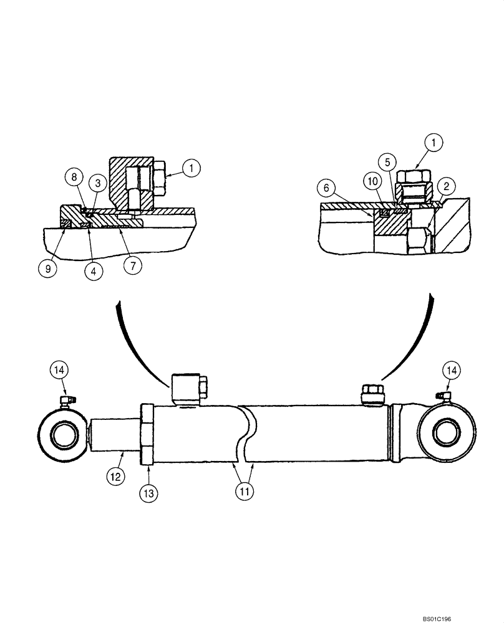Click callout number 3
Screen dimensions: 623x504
point(97,182)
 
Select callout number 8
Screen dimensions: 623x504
point(74,177)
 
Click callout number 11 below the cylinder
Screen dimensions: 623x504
point(244,490)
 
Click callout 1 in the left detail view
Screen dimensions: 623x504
point(192,167)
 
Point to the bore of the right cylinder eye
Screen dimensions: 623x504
point(447,433)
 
